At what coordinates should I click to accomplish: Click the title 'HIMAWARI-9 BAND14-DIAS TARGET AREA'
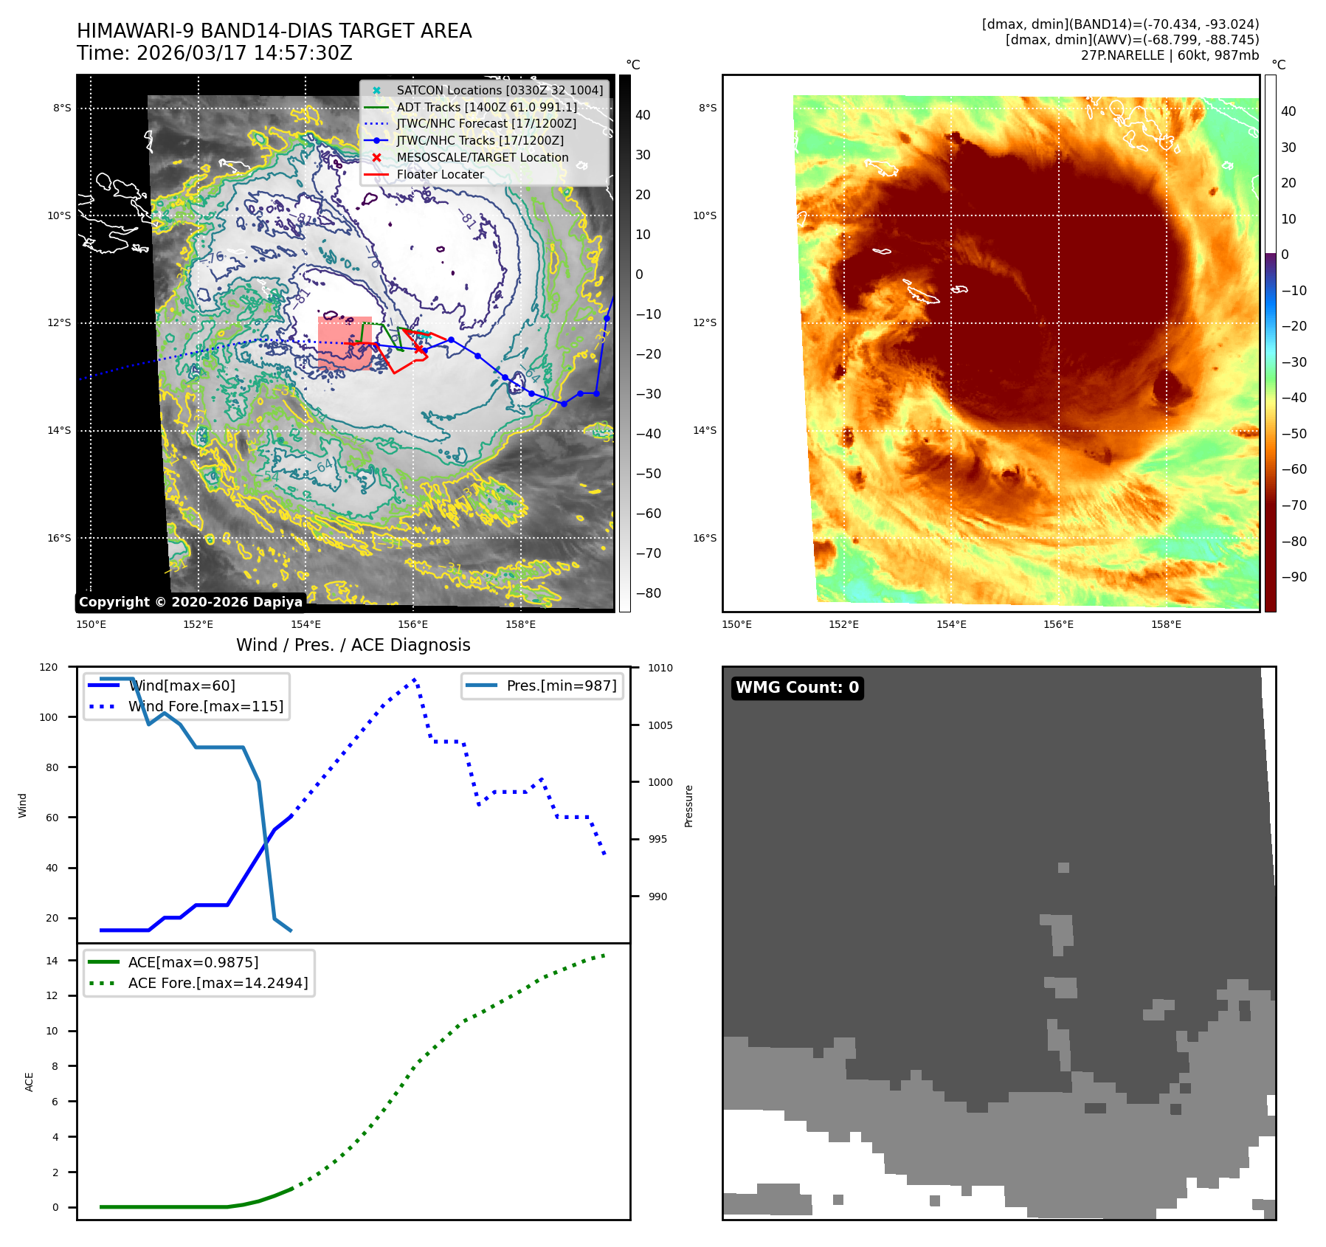point(274,31)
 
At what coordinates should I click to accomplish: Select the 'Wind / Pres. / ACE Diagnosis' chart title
point(353,645)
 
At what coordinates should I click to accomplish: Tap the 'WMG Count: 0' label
point(797,688)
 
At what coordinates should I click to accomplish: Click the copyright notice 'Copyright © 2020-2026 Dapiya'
point(190,602)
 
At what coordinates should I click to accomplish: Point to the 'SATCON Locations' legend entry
point(499,90)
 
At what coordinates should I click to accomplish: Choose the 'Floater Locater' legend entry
point(440,174)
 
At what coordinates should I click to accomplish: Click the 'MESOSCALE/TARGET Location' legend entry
point(482,157)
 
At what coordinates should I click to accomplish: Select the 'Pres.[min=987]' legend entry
point(561,685)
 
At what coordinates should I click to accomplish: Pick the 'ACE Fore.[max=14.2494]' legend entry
point(218,983)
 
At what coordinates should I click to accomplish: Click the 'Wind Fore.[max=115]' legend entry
point(205,706)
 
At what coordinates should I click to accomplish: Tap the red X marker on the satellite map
point(419,348)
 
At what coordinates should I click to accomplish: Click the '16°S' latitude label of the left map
point(59,538)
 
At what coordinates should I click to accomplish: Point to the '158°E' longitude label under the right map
point(1166,624)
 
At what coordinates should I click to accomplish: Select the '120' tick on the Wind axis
point(49,667)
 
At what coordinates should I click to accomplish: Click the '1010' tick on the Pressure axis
point(660,668)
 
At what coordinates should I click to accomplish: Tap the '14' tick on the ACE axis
point(52,961)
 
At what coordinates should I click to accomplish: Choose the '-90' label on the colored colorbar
point(1294,577)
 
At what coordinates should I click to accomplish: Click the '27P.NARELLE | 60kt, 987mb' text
point(1170,55)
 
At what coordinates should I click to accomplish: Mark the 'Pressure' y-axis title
point(688,806)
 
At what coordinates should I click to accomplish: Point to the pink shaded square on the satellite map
point(345,343)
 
